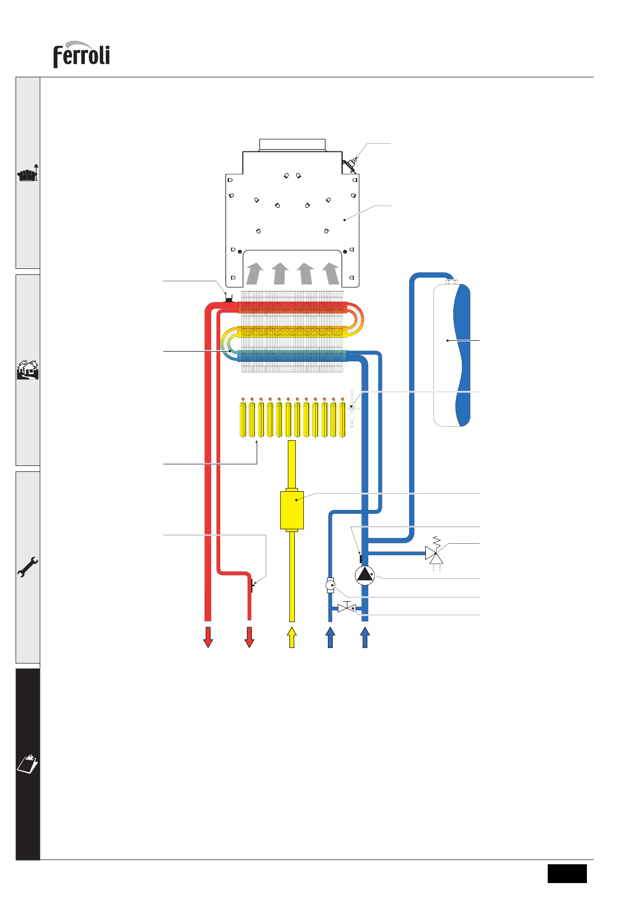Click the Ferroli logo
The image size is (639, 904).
(x=82, y=55)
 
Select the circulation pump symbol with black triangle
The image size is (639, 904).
(x=365, y=575)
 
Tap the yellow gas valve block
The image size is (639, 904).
(x=292, y=509)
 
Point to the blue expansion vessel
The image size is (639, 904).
(x=452, y=355)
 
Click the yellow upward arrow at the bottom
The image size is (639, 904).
(x=292, y=637)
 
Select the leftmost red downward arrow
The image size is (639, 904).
(x=208, y=637)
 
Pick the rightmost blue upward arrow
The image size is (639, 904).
(x=365, y=637)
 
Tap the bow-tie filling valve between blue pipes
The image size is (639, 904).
(x=347, y=608)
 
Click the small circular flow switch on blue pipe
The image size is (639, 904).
(x=330, y=585)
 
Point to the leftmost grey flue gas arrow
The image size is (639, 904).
(x=255, y=273)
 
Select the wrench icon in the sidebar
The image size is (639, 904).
(x=27, y=566)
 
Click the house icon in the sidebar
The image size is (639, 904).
(x=28, y=370)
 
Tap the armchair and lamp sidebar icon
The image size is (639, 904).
(x=28, y=173)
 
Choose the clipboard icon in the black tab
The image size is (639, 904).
(x=28, y=764)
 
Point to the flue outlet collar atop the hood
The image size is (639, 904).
(x=292, y=144)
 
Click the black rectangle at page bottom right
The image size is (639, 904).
(x=567, y=873)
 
